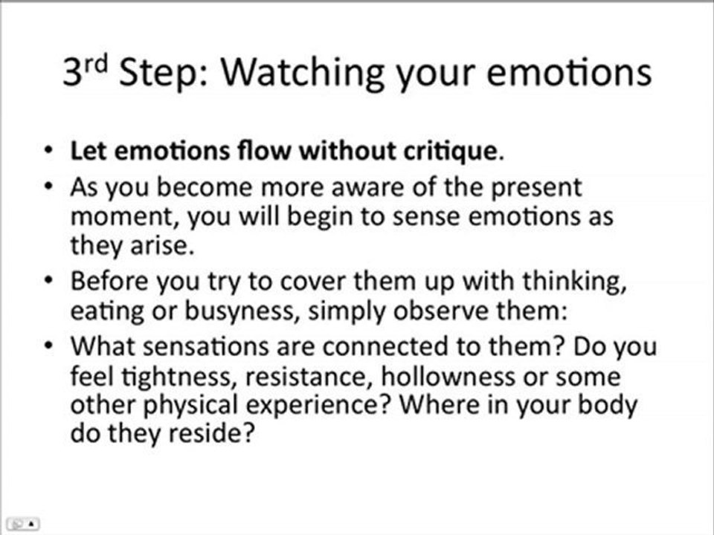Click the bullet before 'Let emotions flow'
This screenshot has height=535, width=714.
[x=48, y=152]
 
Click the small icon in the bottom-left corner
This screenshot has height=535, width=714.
[x=19, y=522]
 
